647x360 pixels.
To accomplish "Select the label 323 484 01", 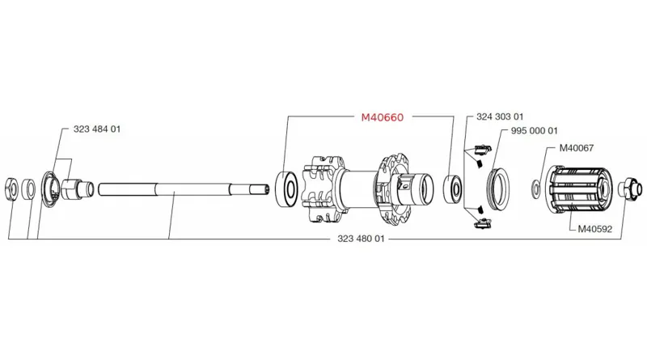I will point(97,129).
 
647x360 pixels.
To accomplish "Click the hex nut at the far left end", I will point(12,187).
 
